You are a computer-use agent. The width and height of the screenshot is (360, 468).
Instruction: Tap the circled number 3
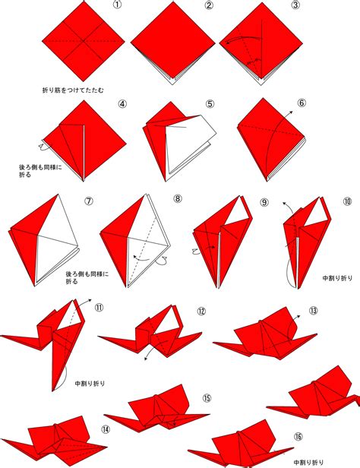295,5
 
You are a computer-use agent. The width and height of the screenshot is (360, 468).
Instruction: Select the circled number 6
302,103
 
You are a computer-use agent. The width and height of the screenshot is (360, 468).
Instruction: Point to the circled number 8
178,198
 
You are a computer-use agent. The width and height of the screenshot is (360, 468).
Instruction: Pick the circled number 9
264,202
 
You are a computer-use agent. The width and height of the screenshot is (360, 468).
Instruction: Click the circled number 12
201,311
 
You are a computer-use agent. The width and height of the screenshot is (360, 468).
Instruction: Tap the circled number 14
106,429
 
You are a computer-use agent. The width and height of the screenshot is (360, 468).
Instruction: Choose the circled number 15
207,398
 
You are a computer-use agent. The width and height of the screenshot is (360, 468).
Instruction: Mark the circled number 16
298,436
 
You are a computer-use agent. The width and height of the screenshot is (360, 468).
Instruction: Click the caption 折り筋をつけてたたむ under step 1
73,90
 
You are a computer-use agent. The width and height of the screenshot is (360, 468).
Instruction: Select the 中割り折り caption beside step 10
337,278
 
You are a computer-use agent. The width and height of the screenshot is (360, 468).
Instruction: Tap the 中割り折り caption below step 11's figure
90,383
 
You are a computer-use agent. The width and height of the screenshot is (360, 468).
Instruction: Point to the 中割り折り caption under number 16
308,463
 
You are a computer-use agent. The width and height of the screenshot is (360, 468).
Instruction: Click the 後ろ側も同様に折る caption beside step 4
40,171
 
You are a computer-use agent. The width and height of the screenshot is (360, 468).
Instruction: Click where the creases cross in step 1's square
84,40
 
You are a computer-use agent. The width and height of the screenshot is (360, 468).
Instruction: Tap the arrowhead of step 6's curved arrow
291,112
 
